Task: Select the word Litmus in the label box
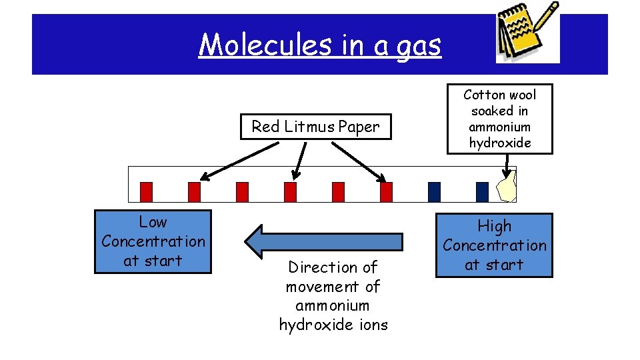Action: point(311,127)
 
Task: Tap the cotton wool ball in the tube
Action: point(507,186)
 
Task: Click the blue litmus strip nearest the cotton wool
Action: point(482,192)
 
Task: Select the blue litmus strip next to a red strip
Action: point(434,192)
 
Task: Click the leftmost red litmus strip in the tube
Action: point(146,192)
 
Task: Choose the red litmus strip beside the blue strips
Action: point(386,192)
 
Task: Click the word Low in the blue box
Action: point(153,222)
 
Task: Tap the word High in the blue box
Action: point(494,226)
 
